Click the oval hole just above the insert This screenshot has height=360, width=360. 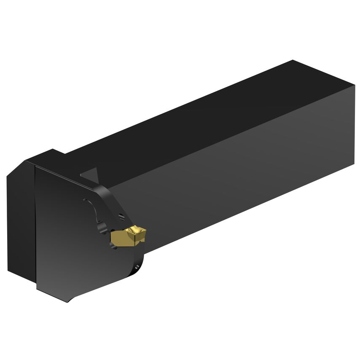[122, 217]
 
